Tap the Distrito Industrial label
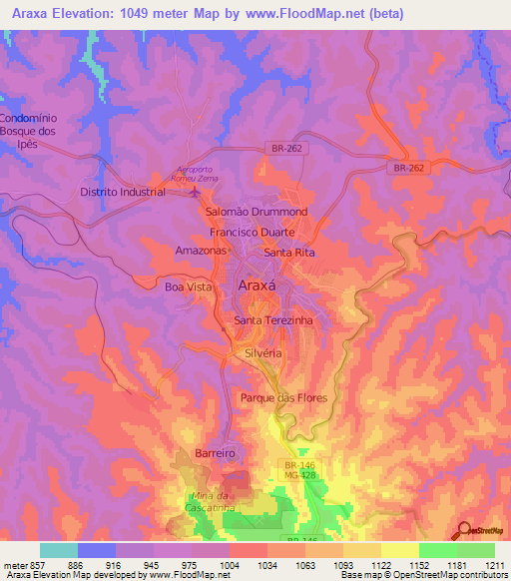[123, 193]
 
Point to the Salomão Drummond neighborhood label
[255, 213]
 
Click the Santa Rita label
[289, 253]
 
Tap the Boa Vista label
[189, 287]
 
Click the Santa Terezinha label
[272, 320]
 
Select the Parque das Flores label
[283, 397]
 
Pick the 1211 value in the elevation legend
[496, 565]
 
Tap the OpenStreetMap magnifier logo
[465, 530]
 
